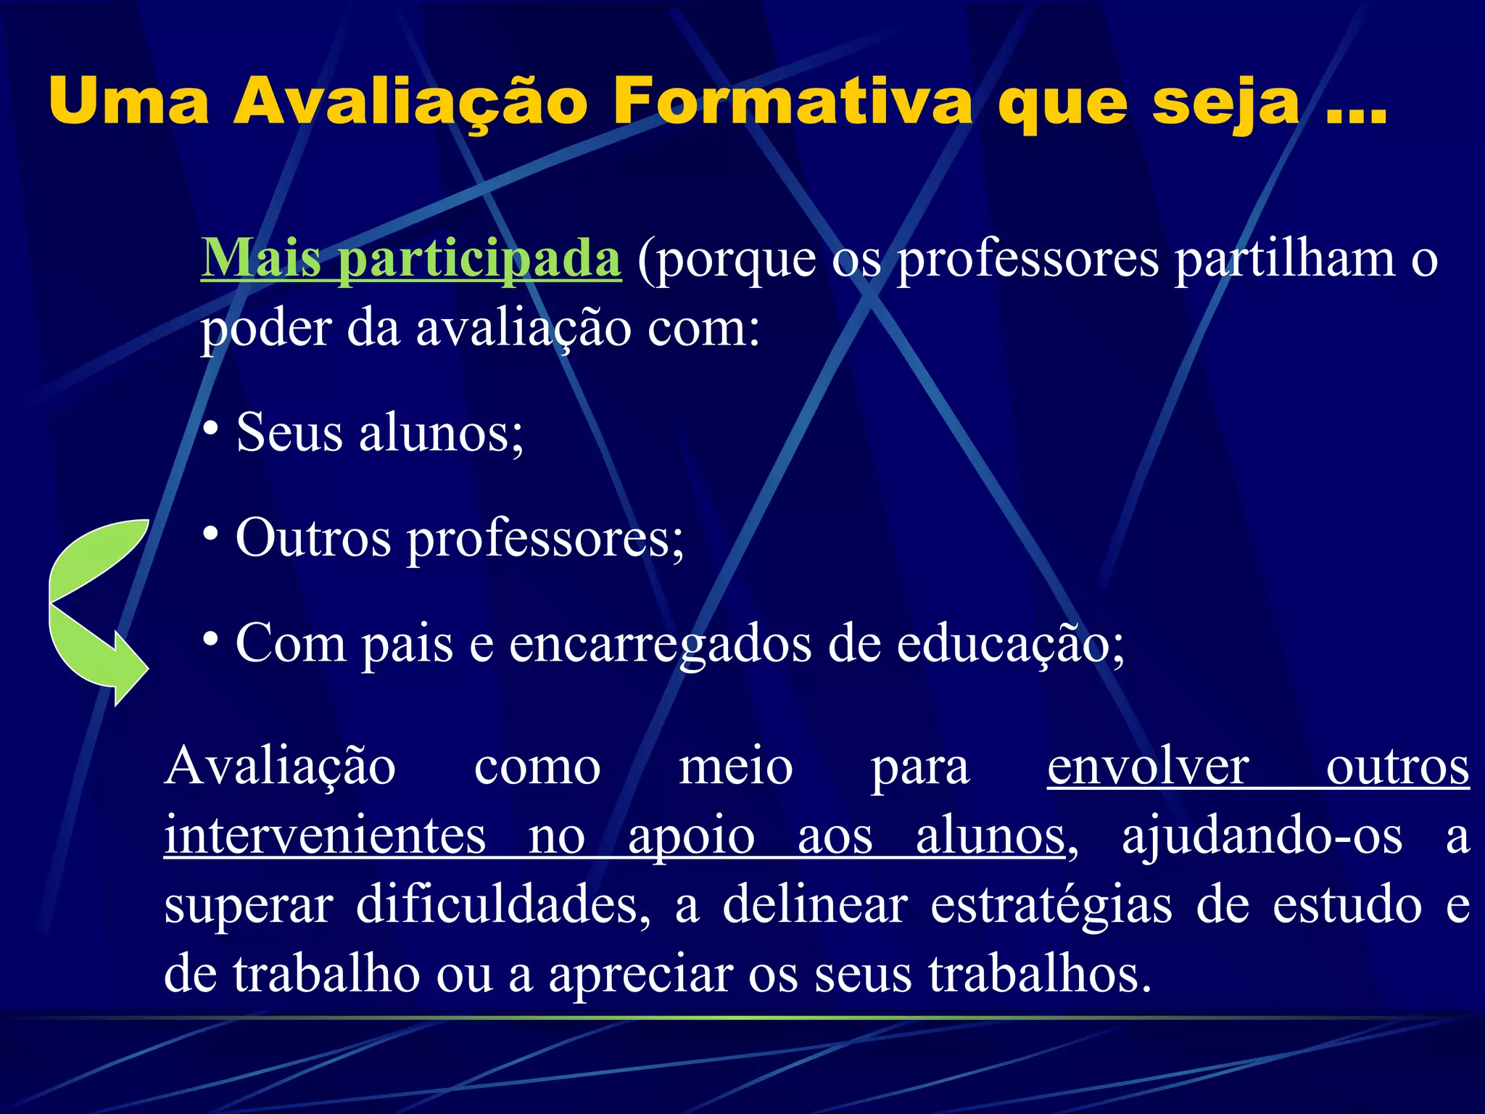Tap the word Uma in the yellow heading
129,103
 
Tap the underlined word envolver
1148,767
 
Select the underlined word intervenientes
325,836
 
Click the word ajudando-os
1262,836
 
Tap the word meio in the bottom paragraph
735,767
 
